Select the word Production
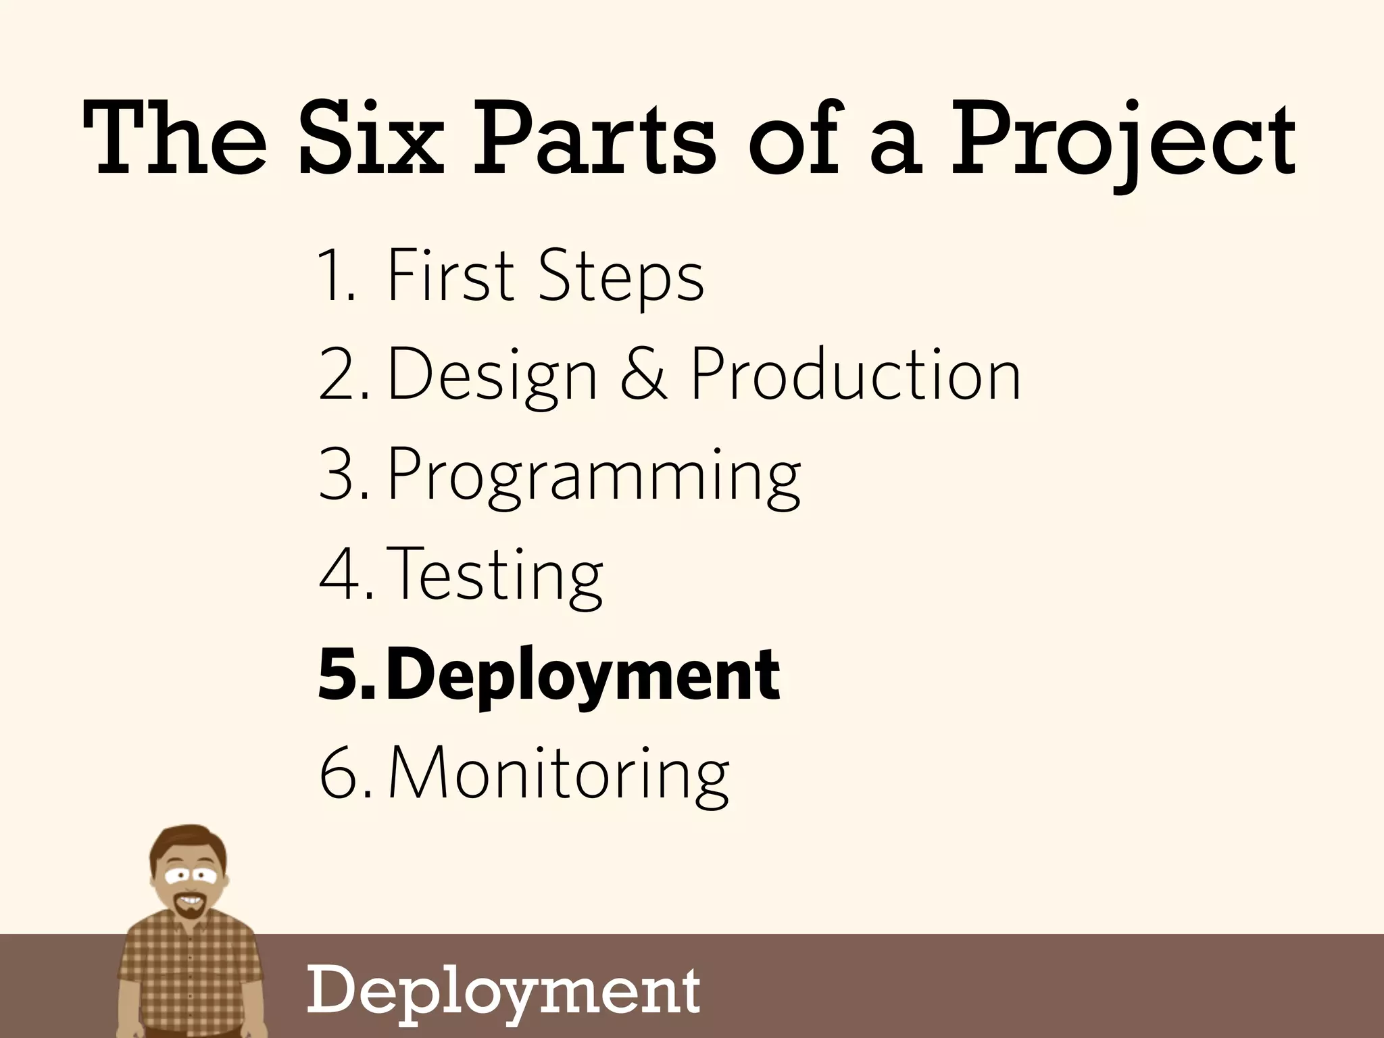point(856,375)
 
